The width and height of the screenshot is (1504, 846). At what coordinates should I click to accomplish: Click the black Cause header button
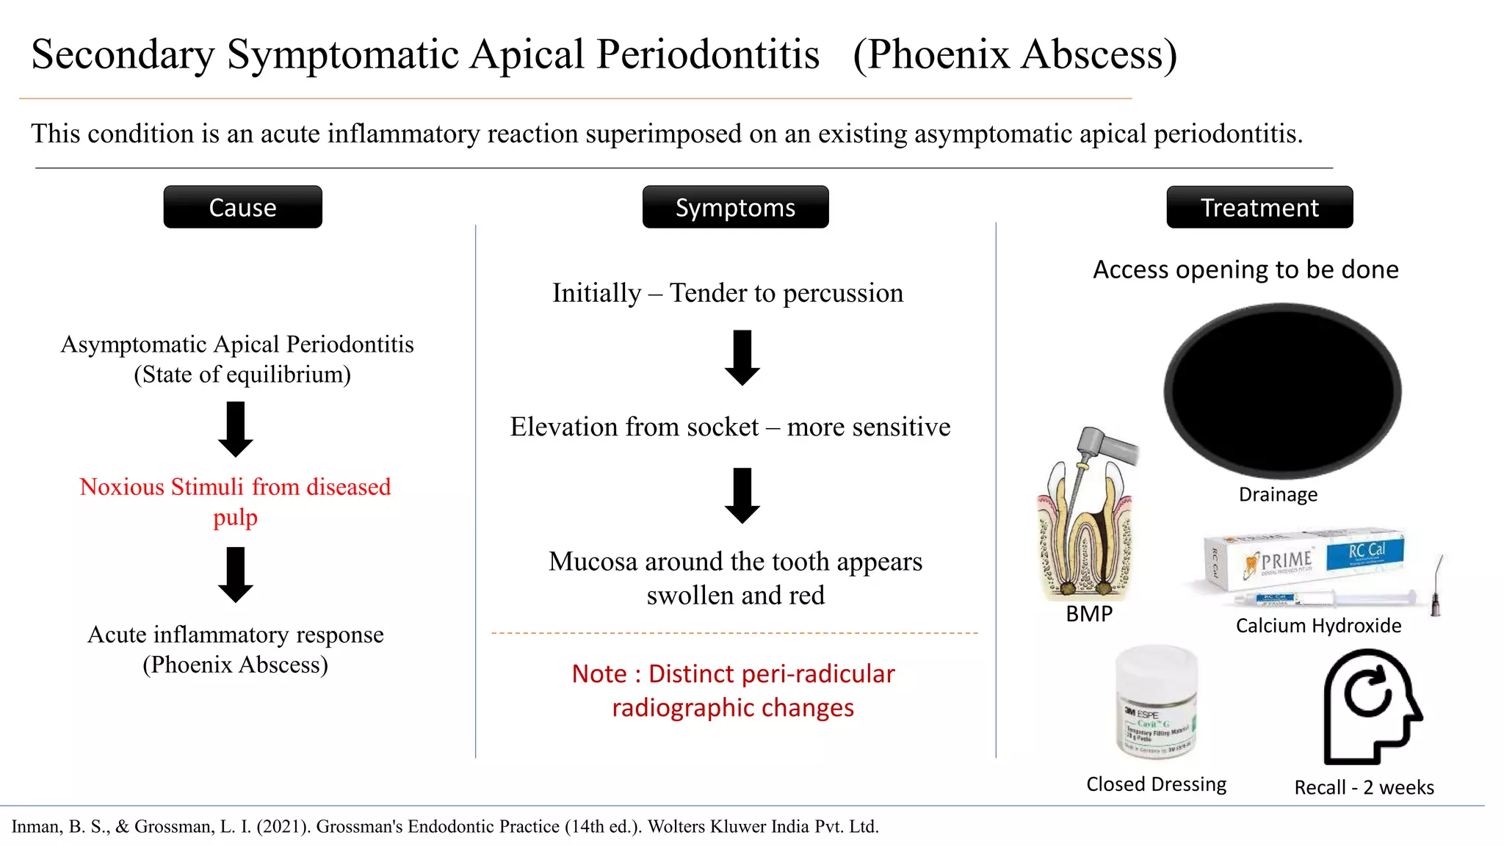(x=242, y=207)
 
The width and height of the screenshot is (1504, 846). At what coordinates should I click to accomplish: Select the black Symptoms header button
(x=735, y=207)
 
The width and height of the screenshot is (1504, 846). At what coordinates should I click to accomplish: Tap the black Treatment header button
(x=1259, y=207)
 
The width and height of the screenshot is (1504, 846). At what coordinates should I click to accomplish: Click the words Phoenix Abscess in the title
(x=1015, y=55)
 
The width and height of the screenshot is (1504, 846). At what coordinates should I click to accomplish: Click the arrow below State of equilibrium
(x=236, y=429)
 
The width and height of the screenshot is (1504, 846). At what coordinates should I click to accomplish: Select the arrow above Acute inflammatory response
(x=236, y=574)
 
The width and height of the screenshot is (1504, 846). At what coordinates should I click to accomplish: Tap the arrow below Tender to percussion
(x=742, y=358)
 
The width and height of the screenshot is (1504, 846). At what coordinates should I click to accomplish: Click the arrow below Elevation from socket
(x=742, y=496)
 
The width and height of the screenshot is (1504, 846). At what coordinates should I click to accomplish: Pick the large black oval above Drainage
(x=1281, y=391)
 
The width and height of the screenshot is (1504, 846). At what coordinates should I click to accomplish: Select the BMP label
(x=1089, y=614)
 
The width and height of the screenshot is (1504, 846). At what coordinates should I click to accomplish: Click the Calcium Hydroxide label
(x=1318, y=626)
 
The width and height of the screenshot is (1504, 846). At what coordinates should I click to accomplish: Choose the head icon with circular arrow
(x=1370, y=706)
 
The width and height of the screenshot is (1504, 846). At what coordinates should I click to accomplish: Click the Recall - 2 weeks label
(x=1364, y=787)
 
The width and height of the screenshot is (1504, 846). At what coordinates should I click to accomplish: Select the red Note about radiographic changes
(x=733, y=690)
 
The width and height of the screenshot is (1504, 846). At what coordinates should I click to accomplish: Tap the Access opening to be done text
(x=1245, y=270)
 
